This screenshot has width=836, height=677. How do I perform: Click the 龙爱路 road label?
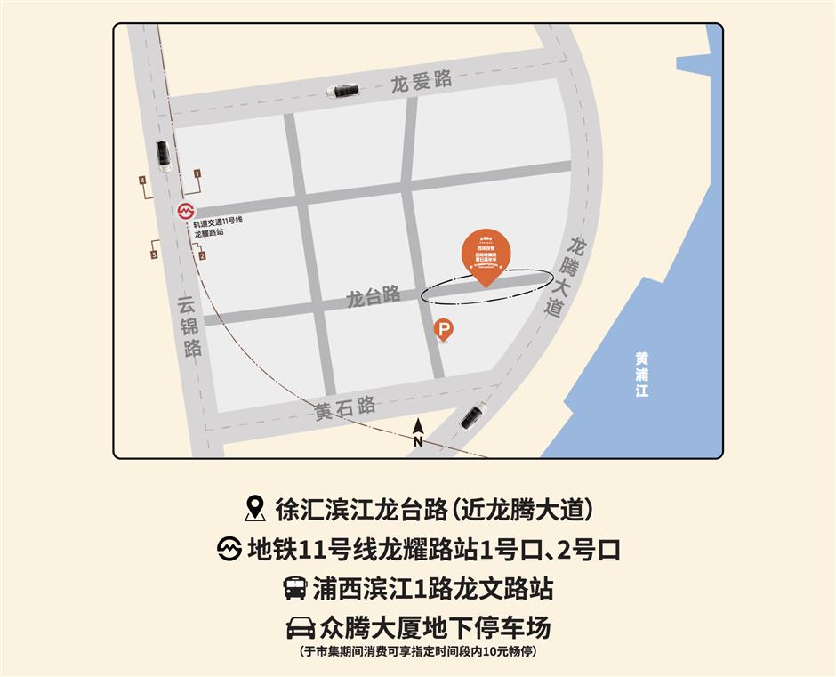click(422, 81)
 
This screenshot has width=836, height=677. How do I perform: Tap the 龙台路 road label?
click(374, 296)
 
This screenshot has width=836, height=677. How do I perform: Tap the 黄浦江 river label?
click(642, 373)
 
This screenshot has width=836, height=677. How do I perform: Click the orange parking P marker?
click(443, 331)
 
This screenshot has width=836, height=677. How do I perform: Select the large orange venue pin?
click(486, 254)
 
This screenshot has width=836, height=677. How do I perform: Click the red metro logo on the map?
click(185, 212)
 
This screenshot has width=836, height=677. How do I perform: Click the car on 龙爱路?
click(342, 91)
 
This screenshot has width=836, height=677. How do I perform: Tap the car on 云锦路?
click(164, 155)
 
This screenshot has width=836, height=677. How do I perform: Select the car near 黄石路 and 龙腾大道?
click(472, 415)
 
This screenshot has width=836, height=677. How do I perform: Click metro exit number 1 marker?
click(197, 173)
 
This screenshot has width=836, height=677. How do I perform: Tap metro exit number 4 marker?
click(142, 181)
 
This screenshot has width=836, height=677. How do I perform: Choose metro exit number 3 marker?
click(154, 255)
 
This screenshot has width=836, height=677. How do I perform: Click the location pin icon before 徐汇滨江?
click(255, 510)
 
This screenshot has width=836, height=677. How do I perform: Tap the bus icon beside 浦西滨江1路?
click(294, 588)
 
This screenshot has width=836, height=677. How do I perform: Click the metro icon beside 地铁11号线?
click(230, 549)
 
